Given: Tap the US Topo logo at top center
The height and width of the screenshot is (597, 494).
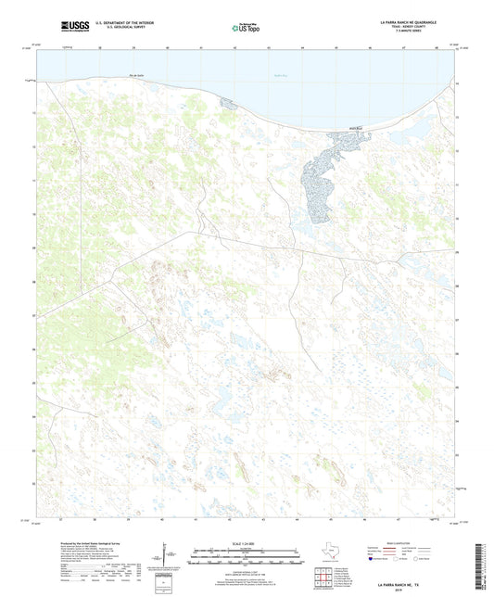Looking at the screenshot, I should click(247, 29).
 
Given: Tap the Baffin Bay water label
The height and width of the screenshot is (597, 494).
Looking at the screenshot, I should click(282, 76).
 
